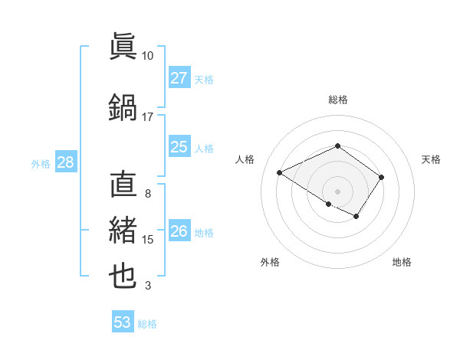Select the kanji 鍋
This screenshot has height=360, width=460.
[123, 106]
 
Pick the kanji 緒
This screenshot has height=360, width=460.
[123, 230]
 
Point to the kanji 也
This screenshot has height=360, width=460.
[123, 276]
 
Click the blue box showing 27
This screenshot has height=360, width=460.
[179, 77]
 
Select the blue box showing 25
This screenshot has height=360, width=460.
[179, 147]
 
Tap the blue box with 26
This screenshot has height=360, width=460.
[179, 231]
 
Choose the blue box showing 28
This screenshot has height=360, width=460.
[64, 162]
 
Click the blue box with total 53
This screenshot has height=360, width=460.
[123, 322]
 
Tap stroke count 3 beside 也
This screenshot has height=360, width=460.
[147, 286]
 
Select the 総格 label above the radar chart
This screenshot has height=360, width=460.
[337, 100]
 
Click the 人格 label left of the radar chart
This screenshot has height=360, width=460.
[245, 159]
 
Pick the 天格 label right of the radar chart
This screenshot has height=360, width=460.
[431, 159]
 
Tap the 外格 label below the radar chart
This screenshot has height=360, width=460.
[270, 262]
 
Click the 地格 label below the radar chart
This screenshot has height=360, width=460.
[402, 262]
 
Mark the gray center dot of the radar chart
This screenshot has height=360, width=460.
[337, 191]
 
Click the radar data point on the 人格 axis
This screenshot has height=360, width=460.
[280, 173]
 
